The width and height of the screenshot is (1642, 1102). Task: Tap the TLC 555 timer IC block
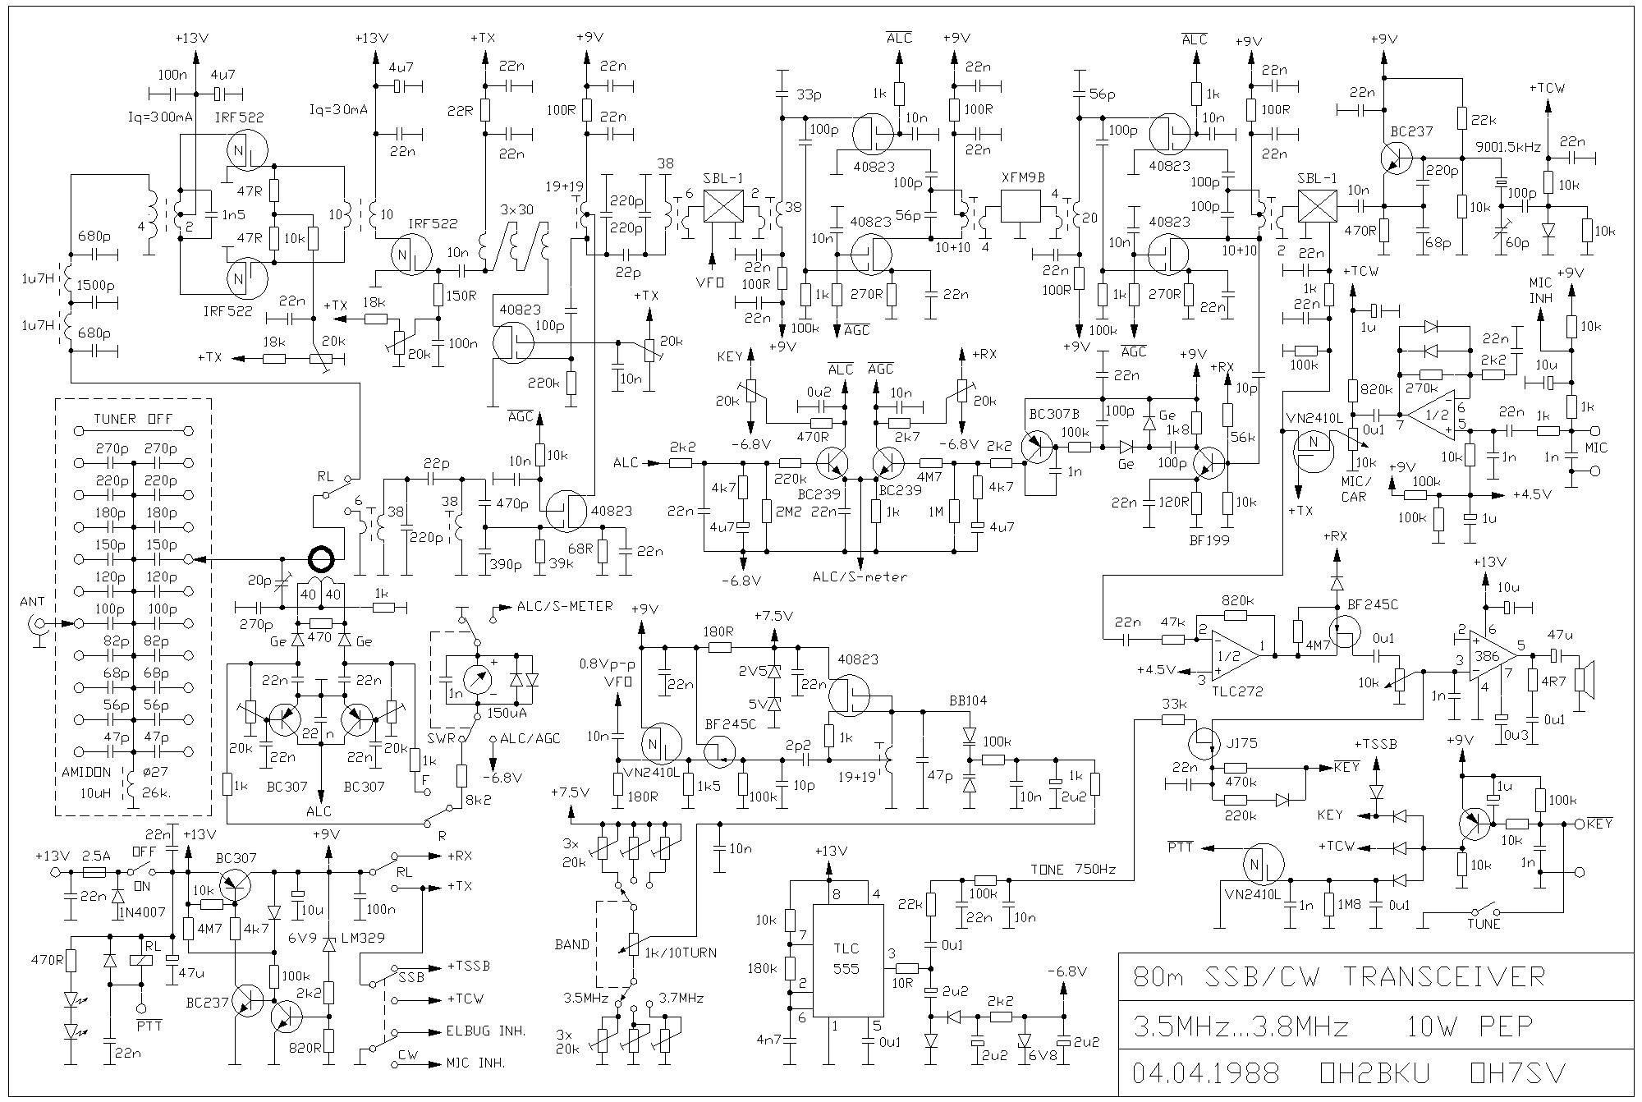pos(846,959)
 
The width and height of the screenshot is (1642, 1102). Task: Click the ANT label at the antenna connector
pos(33,602)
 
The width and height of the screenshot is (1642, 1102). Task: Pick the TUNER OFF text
pos(133,419)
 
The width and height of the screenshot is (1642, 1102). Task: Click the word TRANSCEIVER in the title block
pos(1444,976)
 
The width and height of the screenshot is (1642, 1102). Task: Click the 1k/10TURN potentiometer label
pos(681,953)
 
